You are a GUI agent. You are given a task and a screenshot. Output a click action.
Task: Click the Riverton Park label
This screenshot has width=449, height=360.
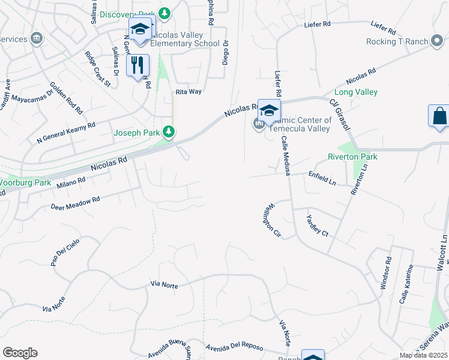pyautogui.click(x=352, y=157)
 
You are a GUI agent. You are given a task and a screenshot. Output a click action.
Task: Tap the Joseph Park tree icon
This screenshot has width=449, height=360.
pyautogui.click(x=170, y=131)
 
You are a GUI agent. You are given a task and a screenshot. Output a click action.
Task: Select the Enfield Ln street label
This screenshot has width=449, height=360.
pyautogui.click(x=322, y=179)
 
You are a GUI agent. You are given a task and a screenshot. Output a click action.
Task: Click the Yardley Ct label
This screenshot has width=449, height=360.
pyautogui.click(x=318, y=225)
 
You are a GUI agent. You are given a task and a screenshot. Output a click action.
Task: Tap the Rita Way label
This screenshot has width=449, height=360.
pyautogui.click(x=188, y=92)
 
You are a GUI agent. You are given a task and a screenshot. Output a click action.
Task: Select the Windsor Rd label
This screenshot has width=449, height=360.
pyautogui.click(x=385, y=274)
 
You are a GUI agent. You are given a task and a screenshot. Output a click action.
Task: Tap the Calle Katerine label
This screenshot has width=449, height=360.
pyautogui.click(x=406, y=284)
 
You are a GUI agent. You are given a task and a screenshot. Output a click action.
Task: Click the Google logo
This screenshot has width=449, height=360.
pyautogui.click(x=20, y=353)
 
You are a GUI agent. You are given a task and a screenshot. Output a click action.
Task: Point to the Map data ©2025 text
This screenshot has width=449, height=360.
pyautogui.click(x=423, y=355)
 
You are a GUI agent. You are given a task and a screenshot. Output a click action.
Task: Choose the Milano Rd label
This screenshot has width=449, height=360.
pyautogui.click(x=71, y=182)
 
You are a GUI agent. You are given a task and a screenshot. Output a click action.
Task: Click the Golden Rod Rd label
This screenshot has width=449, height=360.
pyautogui.click(x=66, y=98)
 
